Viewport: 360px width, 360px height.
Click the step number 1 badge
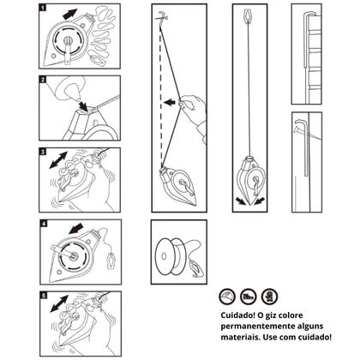pos(43,8)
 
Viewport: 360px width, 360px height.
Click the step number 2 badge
pos(43,80)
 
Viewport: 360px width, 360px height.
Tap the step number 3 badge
pos(43,152)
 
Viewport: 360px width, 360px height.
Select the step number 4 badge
pos(44,224)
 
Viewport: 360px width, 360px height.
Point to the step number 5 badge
pos(44,296)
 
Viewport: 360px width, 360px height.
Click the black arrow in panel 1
pos(69,14)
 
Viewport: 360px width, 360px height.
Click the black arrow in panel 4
pos(76,229)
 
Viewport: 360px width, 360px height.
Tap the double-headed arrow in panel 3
pos(58,160)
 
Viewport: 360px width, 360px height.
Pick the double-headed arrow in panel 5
pos(59,304)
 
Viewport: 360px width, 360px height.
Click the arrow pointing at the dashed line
pos(170,102)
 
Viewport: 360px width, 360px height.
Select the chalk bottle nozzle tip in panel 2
pos(77,99)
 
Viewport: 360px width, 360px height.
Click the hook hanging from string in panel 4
pos(111,260)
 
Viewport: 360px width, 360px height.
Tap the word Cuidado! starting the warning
pos(237,315)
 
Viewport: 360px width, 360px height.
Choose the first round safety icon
pos(227,297)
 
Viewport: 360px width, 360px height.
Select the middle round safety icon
pos(248,297)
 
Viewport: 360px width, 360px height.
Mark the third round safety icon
pos(269,297)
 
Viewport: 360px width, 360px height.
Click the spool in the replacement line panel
pos(171,255)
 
